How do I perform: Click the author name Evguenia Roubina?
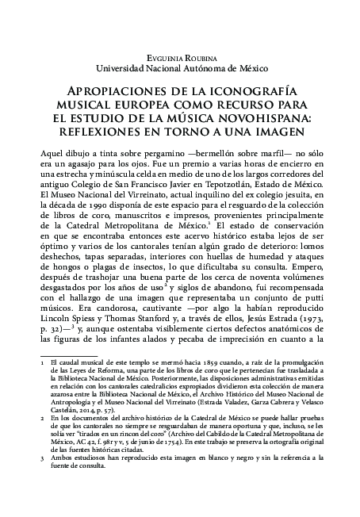[x=180, y=60]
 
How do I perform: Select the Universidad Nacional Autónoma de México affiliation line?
[x=180, y=70]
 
